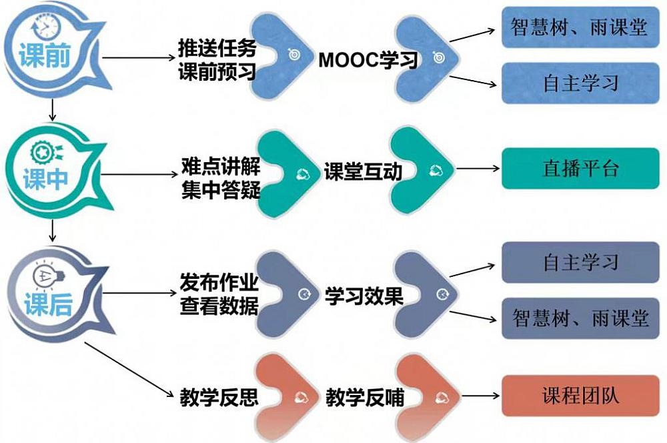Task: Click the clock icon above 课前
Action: (x=47, y=26)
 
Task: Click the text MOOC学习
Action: (x=368, y=60)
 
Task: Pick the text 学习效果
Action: (x=364, y=296)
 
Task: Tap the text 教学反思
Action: (x=219, y=398)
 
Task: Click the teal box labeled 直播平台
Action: (x=580, y=168)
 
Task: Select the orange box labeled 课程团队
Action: (x=580, y=395)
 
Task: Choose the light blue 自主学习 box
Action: (x=580, y=83)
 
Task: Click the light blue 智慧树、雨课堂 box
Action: (x=580, y=27)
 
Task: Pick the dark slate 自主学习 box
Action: (x=580, y=262)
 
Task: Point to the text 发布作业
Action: (x=219, y=281)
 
